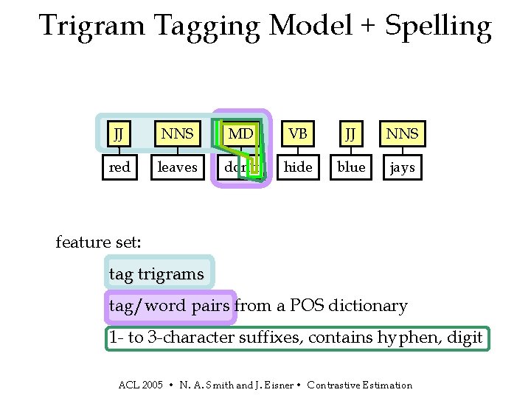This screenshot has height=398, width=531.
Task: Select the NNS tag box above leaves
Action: coord(178,134)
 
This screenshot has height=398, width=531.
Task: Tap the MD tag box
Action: coord(240,134)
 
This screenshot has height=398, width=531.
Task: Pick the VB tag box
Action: coord(298,134)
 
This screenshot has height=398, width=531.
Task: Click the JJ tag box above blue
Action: coord(351,134)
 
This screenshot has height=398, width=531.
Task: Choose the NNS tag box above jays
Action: coord(403,134)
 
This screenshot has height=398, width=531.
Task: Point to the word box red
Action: coord(119,167)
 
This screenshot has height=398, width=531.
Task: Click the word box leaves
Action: coord(178,167)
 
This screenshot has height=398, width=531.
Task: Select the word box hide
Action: coord(298,167)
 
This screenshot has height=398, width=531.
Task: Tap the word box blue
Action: coord(351,167)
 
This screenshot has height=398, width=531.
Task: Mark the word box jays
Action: coord(403,167)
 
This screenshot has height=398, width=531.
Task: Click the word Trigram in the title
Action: coord(92,27)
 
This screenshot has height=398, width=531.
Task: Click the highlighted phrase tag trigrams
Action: coord(156,274)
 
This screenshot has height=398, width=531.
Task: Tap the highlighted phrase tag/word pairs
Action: coord(169,306)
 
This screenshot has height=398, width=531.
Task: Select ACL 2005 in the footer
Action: coord(141,385)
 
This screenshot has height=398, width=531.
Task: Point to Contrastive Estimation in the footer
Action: coord(360,385)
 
